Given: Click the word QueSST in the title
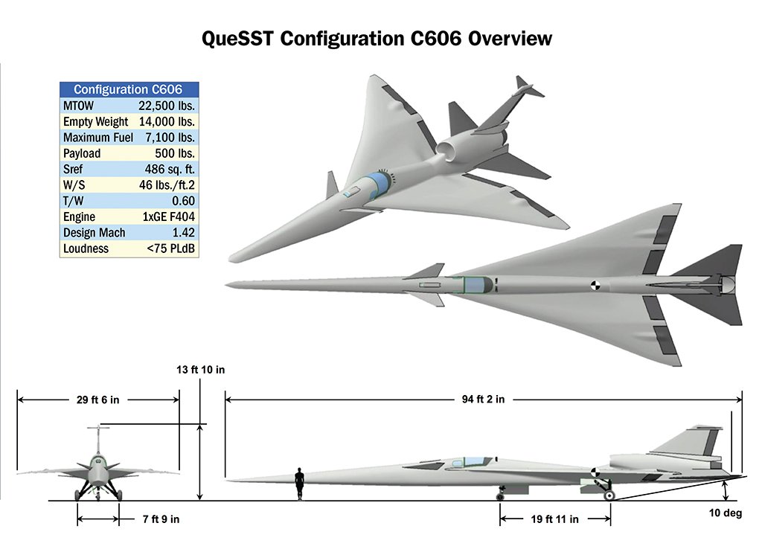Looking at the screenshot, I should [237, 38].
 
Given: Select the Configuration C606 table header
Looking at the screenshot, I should [128, 89].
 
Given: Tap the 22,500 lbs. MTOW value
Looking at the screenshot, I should [167, 106].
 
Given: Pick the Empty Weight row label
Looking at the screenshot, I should [95, 121].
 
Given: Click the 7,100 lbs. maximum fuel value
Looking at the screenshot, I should [167, 138].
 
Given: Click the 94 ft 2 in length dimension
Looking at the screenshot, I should [478, 400].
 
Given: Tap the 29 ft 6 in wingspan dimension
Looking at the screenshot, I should [97, 400].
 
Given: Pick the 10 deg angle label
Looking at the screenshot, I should [726, 513].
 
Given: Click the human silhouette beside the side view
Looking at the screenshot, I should [299, 484].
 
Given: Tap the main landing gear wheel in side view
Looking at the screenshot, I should [609, 493].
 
